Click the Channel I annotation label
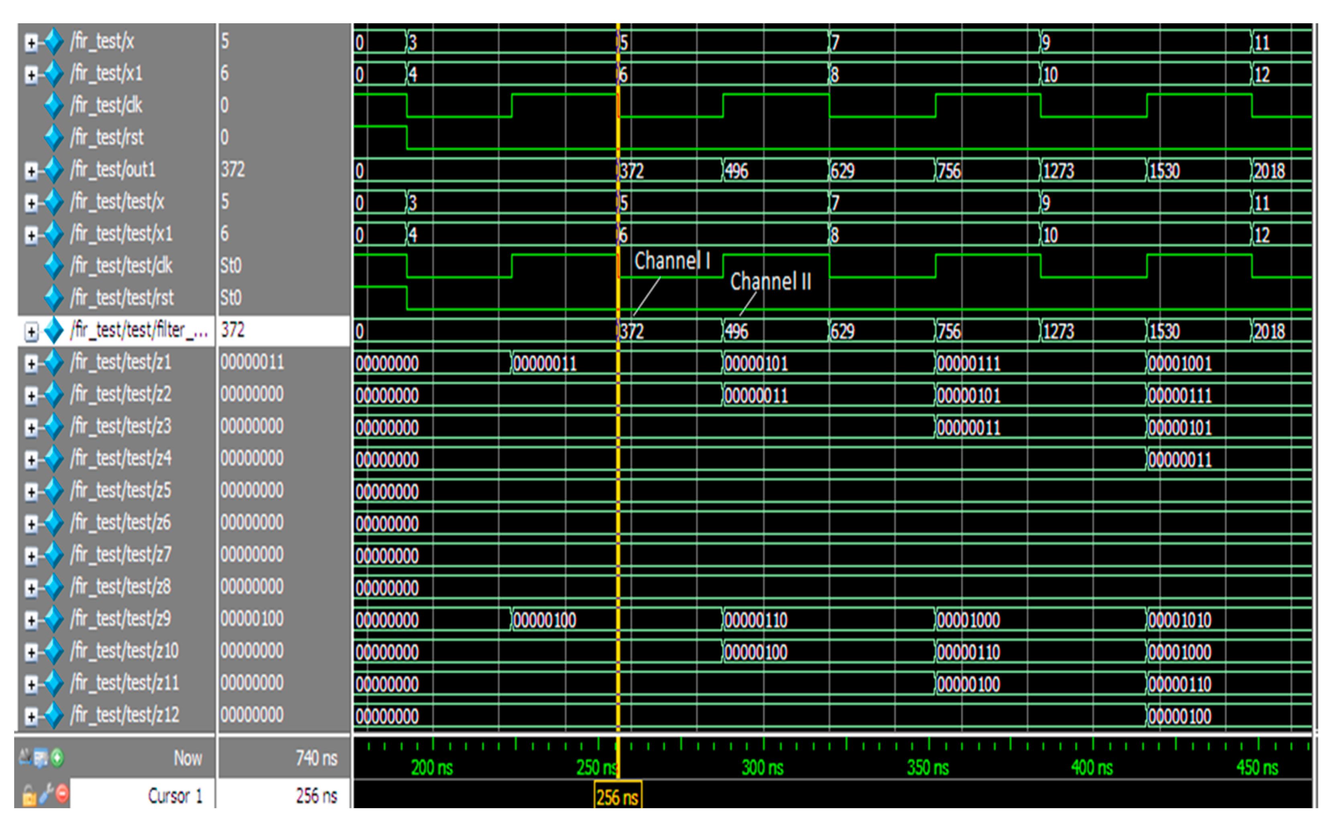click(672, 261)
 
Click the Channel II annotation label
click(770, 281)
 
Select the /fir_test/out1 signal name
click(113, 170)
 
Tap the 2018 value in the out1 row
click(1269, 171)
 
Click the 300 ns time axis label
click(762, 768)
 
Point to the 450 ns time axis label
click(1257, 768)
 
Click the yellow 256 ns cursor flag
click(617, 797)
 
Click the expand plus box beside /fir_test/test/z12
click(31, 716)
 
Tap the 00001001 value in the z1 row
click(1179, 364)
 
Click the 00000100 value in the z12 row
click(1179, 716)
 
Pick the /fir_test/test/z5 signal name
click(120, 490)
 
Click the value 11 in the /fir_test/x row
click(1261, 43)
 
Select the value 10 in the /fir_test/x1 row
click(1050, 75)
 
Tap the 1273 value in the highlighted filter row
click(1058, 331)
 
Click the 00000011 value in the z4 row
click(1179, 460)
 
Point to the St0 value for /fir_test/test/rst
click(231, 298)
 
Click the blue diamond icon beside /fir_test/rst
click(53, 137)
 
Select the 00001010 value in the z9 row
click(1179, 620)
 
